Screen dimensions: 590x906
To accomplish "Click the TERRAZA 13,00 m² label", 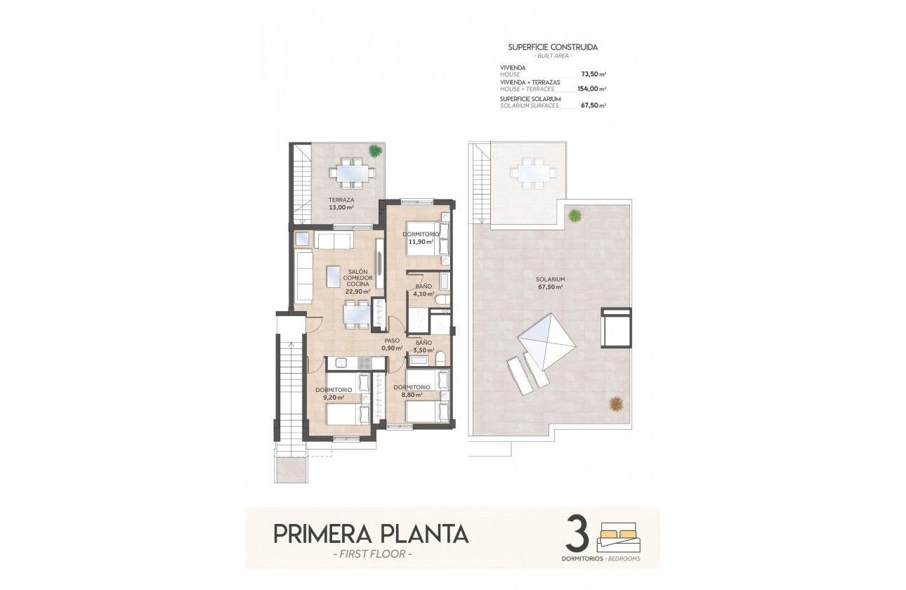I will click(341, 203).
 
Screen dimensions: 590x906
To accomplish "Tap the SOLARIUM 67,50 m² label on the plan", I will click(551, 282).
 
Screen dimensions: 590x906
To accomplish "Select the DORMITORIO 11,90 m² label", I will click(421, 237).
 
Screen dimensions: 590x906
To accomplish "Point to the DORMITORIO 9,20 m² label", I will click(333, 393).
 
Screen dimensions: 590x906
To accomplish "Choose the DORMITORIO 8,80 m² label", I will click(412, 391).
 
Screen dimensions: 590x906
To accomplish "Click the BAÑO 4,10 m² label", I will click(424, 290).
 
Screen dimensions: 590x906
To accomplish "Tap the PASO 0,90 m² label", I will click(391, 344).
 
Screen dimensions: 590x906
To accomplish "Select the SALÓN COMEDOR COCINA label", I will click(357, 281).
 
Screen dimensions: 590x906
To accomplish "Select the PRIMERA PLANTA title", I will click(370, 534).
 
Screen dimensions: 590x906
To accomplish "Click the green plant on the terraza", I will click(376, 150).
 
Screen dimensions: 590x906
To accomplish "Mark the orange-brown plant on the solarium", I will click(616, 404).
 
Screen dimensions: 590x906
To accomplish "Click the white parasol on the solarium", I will click(547, 342).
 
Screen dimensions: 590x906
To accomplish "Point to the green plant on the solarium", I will click(575, 215).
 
